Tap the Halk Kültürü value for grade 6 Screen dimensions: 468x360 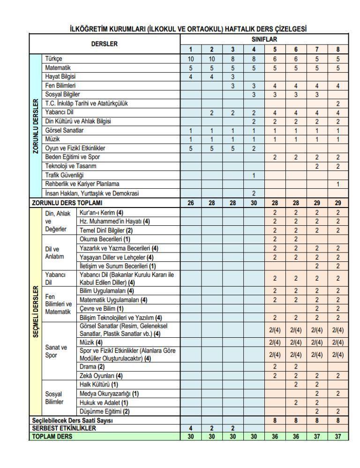(x=296, y=384)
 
